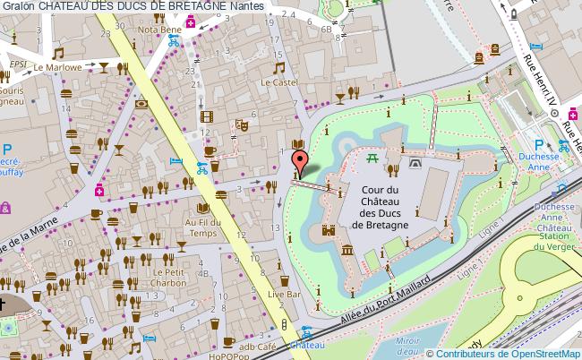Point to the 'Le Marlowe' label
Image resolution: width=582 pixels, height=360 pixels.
pos(58,66)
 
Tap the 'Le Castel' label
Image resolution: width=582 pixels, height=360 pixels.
pos(278,81)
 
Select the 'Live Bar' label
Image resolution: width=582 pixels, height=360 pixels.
pos(289,294)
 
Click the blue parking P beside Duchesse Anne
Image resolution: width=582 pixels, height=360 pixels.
pos(538,144)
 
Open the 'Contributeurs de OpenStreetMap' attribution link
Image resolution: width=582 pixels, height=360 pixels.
pos(508,353)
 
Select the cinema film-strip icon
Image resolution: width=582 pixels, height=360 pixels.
pos(208,115)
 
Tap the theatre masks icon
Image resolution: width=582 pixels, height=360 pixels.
pos(239,127)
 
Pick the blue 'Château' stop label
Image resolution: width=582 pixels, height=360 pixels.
pos(306,344)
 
